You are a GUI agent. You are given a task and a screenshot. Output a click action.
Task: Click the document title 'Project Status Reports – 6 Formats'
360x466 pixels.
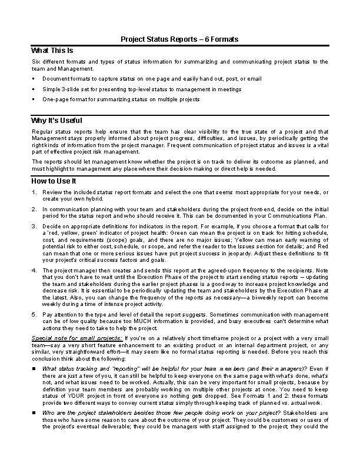tap(179, 39)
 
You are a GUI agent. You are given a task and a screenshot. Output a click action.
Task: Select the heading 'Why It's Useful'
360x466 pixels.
tap(56, 120)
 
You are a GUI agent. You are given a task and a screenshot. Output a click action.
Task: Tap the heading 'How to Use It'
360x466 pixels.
tap(54, 181)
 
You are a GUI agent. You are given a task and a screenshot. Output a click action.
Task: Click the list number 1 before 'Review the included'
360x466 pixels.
tap(35, 192)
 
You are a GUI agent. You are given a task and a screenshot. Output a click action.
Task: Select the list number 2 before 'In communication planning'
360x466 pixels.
tap(35, 209)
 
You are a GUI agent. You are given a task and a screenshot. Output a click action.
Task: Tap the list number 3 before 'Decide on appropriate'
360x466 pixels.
tap(35, 225)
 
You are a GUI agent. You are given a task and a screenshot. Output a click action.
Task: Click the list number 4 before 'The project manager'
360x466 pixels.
tap(35, 270)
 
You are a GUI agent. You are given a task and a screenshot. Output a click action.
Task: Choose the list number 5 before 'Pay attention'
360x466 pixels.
tap(35, 315)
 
